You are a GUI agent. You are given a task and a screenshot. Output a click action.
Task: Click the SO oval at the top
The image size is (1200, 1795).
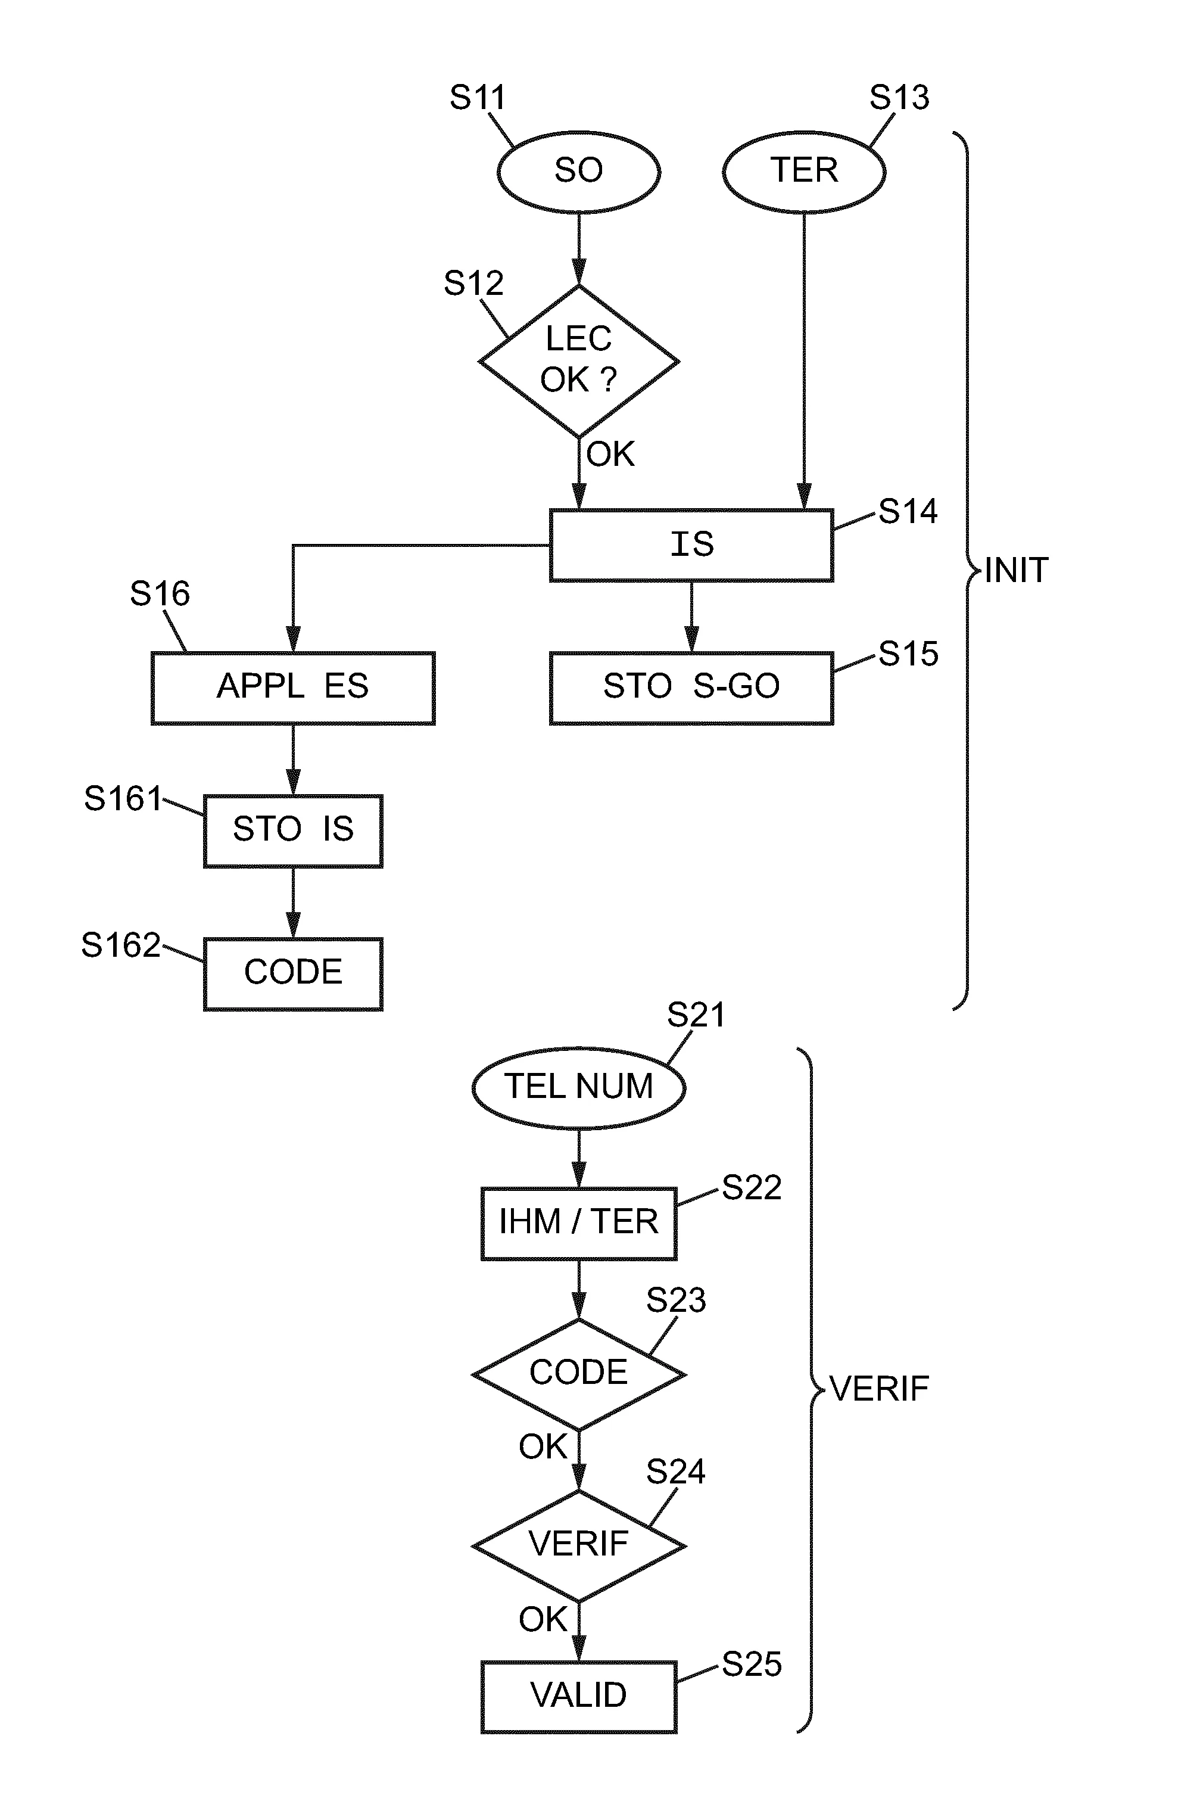[579, 172]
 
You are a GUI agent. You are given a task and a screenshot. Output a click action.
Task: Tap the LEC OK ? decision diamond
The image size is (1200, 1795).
[579, 360]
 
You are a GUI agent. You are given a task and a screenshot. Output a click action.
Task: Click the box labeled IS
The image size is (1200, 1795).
[691, 545]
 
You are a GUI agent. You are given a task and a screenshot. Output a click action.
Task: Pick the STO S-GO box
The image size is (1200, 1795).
[691, 687]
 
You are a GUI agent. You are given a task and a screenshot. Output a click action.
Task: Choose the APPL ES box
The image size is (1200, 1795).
[293, 687]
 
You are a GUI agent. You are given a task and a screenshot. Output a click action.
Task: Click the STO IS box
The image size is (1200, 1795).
[293, 830]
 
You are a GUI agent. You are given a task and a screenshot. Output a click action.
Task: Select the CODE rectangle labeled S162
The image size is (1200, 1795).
[293, 973]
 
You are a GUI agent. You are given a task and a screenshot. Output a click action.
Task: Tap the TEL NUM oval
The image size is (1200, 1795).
[579, 1087]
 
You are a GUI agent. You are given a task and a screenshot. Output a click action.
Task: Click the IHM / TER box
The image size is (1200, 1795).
[579, 1222]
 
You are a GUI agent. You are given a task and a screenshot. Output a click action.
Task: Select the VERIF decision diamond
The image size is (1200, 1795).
[579, 1545]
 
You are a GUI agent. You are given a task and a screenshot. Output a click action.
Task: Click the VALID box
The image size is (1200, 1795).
[579, 1696]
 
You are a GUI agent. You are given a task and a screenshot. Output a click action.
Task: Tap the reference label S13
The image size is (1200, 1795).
[899, 98]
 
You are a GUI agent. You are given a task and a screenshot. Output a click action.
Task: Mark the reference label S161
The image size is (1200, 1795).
[123, 799]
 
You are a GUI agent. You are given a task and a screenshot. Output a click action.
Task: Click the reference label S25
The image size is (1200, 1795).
[752, 1665]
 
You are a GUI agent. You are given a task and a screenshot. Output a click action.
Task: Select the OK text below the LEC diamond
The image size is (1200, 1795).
[610, 455]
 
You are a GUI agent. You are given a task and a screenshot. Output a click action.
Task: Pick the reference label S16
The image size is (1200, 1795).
[159, 594]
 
